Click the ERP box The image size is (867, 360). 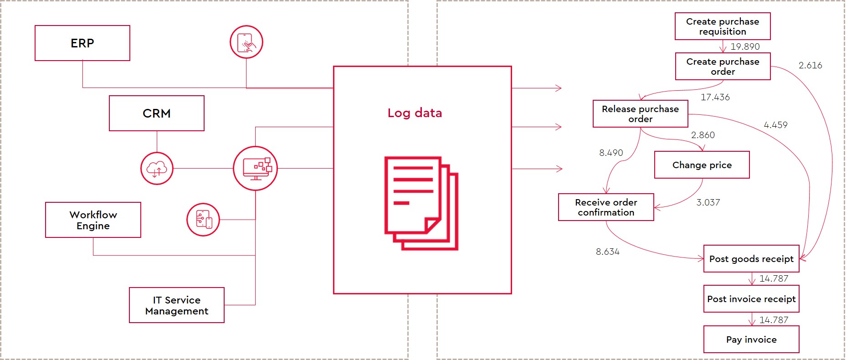82,43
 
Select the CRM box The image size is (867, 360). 157,113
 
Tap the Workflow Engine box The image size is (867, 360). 93,220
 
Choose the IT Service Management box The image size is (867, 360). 177,305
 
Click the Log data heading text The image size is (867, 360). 415,113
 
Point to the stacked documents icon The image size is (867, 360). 421,203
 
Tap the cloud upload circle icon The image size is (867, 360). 157,169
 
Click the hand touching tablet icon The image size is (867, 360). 246,42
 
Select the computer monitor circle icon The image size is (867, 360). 256,168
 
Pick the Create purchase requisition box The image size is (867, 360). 723,26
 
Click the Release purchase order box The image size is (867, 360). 640,114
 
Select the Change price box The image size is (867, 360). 702,165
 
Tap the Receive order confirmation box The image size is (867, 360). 606,207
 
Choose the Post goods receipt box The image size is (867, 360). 751,259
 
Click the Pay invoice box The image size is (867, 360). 751,339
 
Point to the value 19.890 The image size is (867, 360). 745,46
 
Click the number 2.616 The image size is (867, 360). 810,65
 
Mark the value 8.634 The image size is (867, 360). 607,252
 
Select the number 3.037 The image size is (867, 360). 708,202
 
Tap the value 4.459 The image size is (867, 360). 775,125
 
